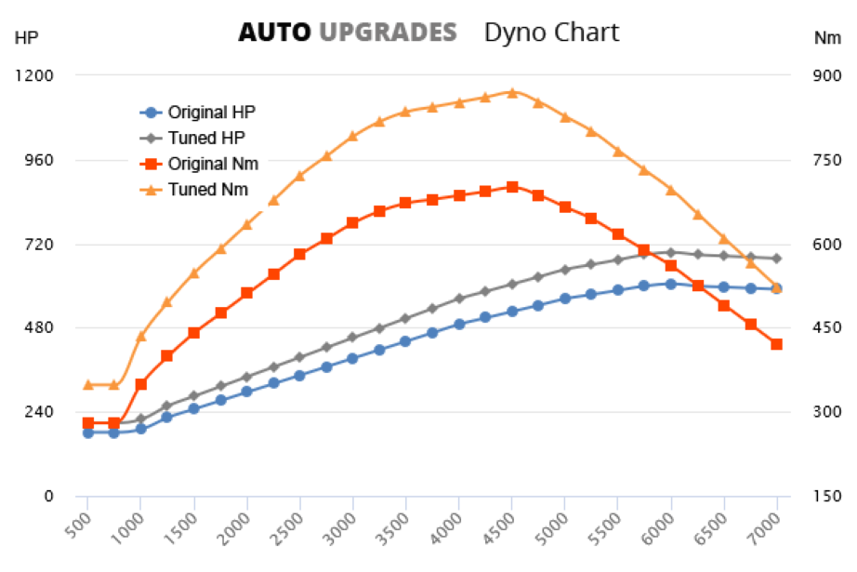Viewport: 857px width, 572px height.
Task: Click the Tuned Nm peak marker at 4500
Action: (512, 92)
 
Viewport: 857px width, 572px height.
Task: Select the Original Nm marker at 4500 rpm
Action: (512, 187)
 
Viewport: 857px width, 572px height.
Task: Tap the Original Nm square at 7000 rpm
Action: (777, 344)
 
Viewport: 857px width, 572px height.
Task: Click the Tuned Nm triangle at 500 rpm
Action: (88, 384)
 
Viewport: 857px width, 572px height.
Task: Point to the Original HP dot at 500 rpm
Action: (88, 432)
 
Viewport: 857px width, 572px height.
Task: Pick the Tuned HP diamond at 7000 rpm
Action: (777, 259)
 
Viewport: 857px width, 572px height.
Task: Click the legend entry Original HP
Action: (211, 113)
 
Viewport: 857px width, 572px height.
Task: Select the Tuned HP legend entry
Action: (205, 138)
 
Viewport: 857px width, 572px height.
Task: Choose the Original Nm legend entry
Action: (213, 164)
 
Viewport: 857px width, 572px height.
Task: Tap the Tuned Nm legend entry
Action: (207, 189)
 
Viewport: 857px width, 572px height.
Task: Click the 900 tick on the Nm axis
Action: (825, 76)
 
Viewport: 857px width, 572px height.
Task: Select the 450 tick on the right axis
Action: (825, 328)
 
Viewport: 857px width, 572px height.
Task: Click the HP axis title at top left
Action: (27, 38)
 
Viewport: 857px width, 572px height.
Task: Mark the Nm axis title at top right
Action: (827, 38)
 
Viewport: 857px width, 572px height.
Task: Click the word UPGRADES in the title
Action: (388, 32)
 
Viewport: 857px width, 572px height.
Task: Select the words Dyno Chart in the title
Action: (551, 32)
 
